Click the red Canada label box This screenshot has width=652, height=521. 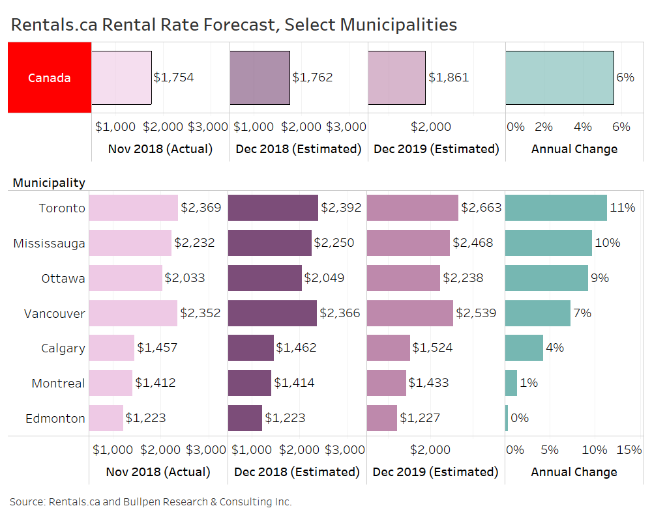click(49, 77)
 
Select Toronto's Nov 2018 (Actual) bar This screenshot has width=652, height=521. click(133, 208)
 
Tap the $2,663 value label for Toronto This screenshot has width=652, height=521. click(481, 208)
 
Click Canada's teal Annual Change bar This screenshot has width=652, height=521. click(559, 77)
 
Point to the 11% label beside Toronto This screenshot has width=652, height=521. click(622, 208)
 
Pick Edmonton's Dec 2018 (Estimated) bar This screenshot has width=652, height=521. click(245, 418)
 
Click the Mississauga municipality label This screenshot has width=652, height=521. click(50, 244)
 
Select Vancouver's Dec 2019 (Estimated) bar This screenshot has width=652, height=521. click(410, 313)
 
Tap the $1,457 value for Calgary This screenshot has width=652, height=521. click(157, 348)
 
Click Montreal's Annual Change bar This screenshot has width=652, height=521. click(511, 383)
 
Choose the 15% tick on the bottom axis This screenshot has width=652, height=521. click(629, 449)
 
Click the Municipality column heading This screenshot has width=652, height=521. click(49, 182)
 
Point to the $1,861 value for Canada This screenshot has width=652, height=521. click(449, 77)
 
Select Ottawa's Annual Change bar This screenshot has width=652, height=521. click(546, 278)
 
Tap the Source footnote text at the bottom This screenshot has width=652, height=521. click(151, 501)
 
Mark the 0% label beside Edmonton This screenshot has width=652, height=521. click(520, 418)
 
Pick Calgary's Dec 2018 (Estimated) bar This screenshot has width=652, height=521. click(251, 348)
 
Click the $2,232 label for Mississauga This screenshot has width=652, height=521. click(194, 243)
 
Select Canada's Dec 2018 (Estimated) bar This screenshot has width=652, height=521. click(259, 77)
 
